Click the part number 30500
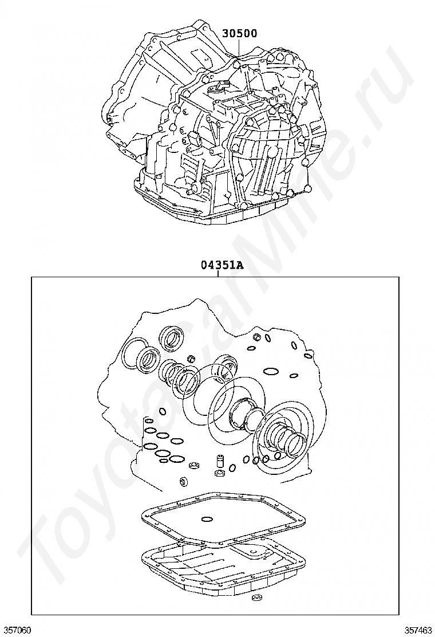(x=239, y=33)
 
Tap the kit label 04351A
(x=221, y=266)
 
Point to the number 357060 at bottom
(x=16, y=630)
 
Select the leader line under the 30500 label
(x=239, y=49)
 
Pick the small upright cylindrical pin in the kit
(x=220, y=461)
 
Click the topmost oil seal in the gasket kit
(x=172, y=337)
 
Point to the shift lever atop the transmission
(x=218, y=85)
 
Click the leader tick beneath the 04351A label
(x=218, y=274)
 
